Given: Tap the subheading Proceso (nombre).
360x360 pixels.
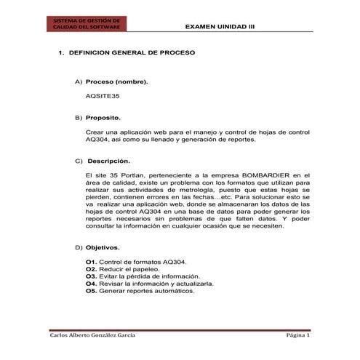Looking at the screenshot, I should coord(117,82).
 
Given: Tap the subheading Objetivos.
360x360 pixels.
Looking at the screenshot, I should coord(103,247).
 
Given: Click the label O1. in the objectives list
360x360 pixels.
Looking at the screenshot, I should coord(91,261).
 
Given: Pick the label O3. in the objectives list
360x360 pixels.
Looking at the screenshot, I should coord(91,276).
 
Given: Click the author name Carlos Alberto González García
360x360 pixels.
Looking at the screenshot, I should coord(92,337).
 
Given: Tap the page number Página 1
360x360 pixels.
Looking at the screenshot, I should coord(297,337).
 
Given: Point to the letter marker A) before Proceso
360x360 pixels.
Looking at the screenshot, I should coord(79,82).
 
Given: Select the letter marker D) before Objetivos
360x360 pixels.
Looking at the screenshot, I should coord(79,247).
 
